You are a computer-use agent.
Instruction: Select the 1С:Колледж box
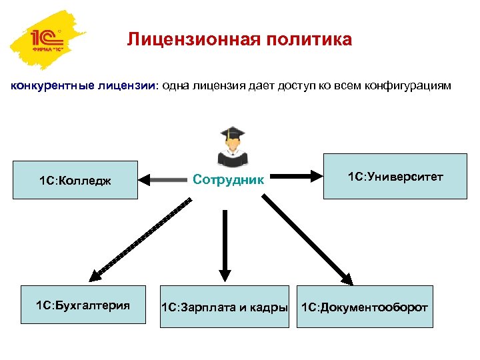(x=75, y=180)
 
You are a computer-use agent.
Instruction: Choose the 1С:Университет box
(x=395, y=176)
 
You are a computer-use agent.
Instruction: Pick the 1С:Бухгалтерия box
(x=83, y=305)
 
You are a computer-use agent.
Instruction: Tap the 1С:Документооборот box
(x=365, y=307)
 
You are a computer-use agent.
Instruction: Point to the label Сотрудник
(x=229, y=179)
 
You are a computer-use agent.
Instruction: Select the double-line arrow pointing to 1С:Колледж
(x=163, y=179)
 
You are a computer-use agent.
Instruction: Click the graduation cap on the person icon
(x=233, y=133)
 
